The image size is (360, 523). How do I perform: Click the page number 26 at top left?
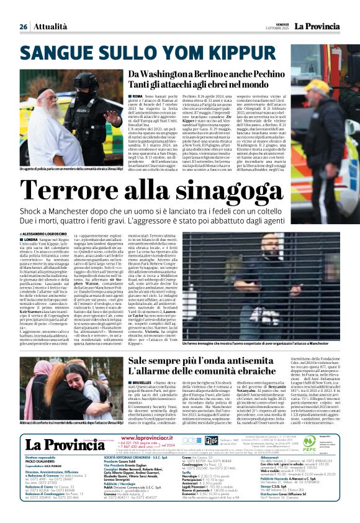(24, 27)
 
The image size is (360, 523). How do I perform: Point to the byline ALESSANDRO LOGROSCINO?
(49, 232)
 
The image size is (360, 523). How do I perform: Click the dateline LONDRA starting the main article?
(30, 239)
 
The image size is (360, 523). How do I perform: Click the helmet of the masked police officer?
(86, 81)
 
